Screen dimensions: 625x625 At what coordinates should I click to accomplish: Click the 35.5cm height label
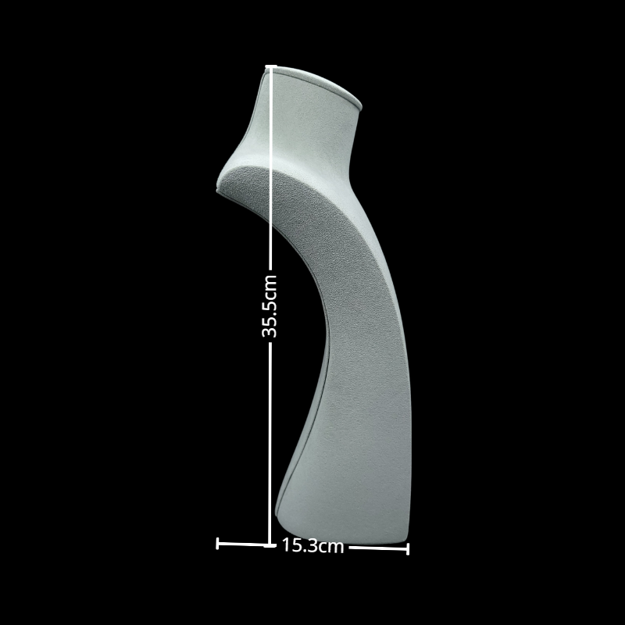(270, 305)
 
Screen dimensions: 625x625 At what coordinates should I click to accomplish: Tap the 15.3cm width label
(312, 546)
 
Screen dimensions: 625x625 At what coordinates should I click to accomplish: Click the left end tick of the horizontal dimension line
(217, 543)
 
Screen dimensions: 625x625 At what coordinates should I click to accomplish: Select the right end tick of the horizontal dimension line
(408, 548)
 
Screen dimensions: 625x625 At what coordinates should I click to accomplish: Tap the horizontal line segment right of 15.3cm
(377, 548)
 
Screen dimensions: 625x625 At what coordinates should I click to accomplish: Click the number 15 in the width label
(289, 546)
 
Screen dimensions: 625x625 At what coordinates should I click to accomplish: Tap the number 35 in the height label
(270, 329)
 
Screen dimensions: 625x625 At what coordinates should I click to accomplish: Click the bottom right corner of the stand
(406, 538)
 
